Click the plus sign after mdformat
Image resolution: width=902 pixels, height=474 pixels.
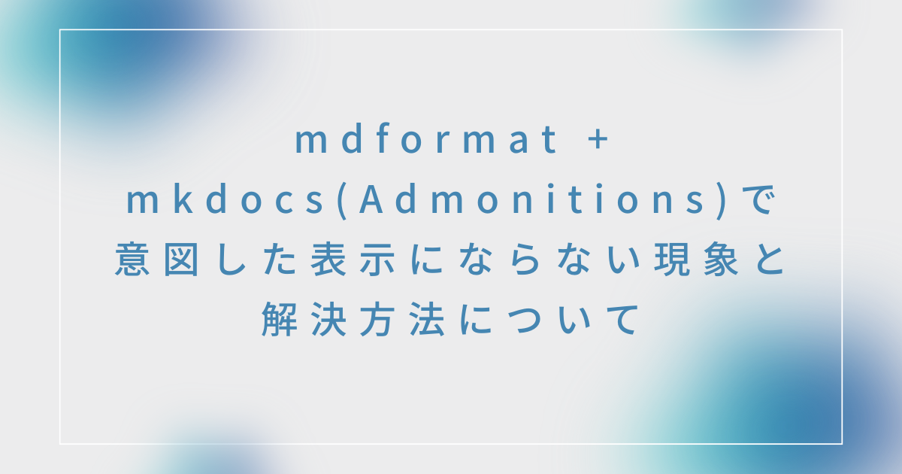[x=598, y=141]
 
